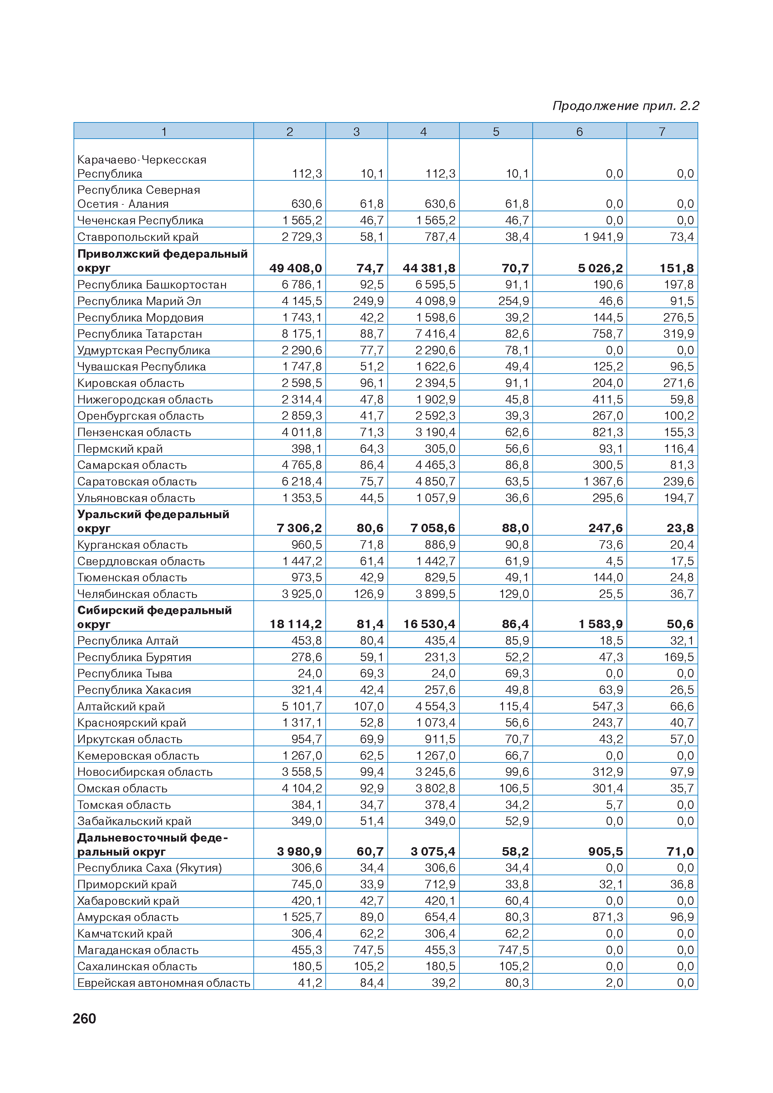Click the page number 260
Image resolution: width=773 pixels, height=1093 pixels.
tap(84, 1018)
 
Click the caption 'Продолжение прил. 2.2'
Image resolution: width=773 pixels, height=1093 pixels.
tap(625, 106)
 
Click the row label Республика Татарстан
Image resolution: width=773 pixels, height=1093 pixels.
tap(140, 334)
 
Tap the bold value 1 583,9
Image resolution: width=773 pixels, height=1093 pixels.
tap(601, 624)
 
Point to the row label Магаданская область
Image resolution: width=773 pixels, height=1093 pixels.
tap(138, 950)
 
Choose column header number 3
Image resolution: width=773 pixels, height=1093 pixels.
tap(356, 131)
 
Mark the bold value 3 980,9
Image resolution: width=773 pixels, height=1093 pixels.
tap(299, 852)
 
